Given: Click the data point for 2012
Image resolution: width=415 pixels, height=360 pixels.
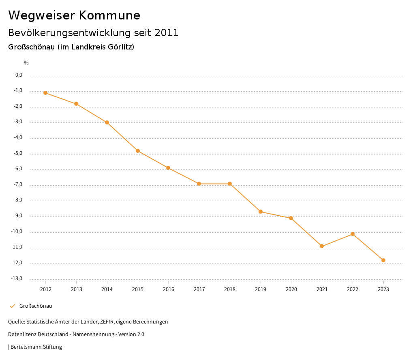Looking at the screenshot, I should (45, 93).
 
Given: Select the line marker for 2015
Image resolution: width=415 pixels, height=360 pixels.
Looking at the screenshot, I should (138, 151).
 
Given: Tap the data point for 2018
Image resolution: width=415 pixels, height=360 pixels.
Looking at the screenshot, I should (230, 184).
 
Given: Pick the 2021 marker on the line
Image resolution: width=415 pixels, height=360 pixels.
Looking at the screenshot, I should (322, 246).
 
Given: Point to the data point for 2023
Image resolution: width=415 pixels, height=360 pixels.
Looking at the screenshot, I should (383, 260).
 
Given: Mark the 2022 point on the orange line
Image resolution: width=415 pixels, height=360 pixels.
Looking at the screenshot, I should (353, 234).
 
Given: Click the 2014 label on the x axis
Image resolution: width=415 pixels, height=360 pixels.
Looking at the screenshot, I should (107, 289).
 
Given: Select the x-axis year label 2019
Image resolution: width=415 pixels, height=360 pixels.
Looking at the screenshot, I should (261, 289).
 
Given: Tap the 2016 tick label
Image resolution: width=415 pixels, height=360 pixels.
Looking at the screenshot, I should (169, 289).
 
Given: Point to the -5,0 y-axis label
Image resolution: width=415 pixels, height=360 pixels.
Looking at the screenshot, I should (19, 153).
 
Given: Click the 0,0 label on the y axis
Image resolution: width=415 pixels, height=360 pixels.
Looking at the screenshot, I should (19, 75).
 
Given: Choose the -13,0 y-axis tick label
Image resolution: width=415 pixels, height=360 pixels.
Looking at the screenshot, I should (17, 279).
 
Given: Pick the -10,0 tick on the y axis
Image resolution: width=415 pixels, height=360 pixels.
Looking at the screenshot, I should (17, 231).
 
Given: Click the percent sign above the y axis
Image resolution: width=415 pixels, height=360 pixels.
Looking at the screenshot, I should (26, 63).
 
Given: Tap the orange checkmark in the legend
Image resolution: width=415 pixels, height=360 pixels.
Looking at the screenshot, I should (12, 306).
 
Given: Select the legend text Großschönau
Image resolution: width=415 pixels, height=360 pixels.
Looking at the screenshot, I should (36, 306).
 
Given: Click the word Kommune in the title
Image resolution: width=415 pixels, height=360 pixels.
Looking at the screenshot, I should (109, 15).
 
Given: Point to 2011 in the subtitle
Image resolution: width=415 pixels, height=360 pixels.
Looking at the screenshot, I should (167, 33).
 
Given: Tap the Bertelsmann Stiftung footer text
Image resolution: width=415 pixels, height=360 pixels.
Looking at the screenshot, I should (36, 347).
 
